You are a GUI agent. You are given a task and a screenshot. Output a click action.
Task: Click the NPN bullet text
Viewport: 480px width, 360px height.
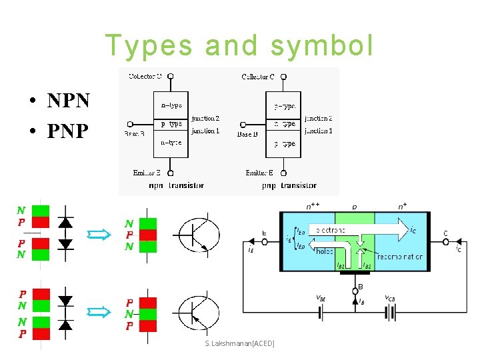(x=67, y=101)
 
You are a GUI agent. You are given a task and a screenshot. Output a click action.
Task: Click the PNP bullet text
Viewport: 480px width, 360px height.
(x=67, y=131)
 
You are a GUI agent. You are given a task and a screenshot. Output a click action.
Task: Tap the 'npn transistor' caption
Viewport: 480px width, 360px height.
(x=176, y=185)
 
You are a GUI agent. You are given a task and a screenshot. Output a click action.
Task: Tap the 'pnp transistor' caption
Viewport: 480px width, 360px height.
(x=289, y=185)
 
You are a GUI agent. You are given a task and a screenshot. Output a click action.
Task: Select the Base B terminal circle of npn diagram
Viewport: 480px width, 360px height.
(x=130, y=124)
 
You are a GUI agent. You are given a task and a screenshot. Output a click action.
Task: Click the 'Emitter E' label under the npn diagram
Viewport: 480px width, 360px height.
(x=147, y=173)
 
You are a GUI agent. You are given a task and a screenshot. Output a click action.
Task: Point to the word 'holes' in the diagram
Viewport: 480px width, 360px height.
(x=324, y=251)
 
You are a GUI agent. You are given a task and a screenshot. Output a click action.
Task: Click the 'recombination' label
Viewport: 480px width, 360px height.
(x=399, y=256)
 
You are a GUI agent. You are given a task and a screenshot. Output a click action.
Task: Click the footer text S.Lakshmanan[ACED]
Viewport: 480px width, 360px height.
(x=239, y=343)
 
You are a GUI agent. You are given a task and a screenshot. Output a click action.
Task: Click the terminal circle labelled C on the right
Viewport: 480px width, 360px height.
(x=446, y=242)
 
